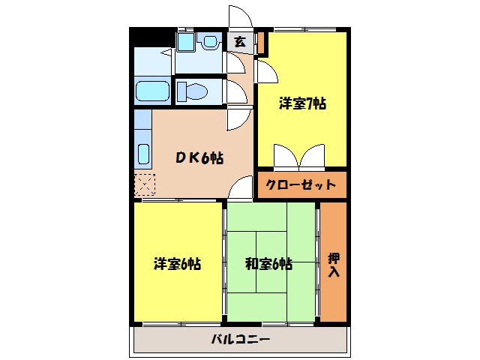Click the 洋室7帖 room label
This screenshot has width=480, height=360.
[303, 105]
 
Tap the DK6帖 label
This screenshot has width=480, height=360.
[198, 158]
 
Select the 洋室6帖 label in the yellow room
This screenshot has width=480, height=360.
[177, 264]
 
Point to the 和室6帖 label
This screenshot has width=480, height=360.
[268, 264]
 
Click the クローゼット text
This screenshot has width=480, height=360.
[302, 184]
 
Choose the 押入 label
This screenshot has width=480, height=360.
[334, 265]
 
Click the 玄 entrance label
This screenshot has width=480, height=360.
[239, 42]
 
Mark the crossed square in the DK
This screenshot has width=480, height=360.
[144, 184]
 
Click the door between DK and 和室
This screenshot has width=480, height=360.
[241, 188]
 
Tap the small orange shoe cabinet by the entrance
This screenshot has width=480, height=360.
[262, 43]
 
